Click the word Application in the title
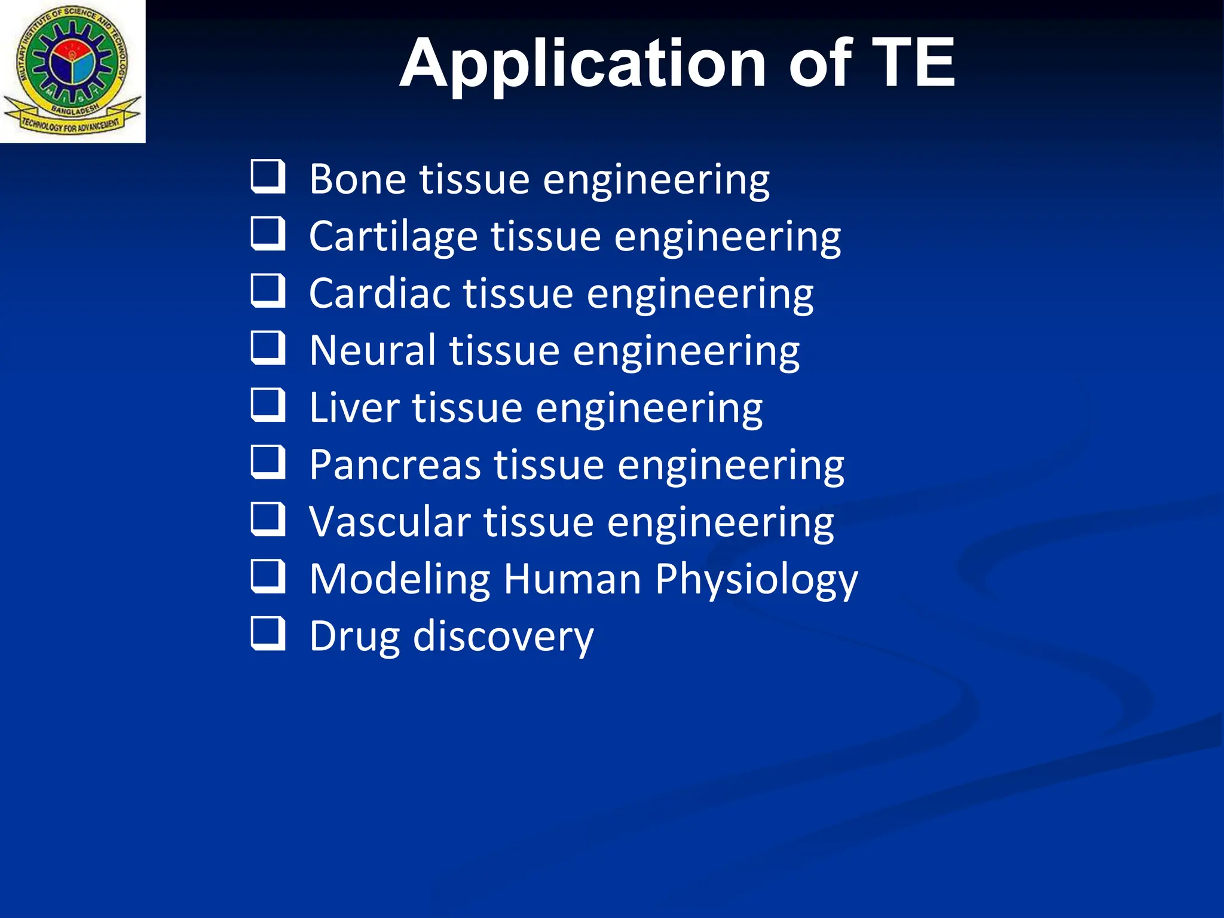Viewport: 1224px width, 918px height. tap(583, 65)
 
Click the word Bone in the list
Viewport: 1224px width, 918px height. tap(359, 179)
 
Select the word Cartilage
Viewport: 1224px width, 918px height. tap(393, 237)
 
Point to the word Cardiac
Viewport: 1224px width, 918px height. tap(380, 293)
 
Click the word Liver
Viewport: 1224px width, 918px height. tap(354, 408)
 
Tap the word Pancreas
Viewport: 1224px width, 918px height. tap(395, 465)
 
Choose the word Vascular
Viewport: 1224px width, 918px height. tap(390, 522)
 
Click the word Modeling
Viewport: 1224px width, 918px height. tap(399, 579)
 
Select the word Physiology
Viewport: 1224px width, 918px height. tap(756, 579)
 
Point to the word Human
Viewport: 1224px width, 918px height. tap(572, 579)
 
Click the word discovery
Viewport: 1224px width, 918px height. tap(503, 637)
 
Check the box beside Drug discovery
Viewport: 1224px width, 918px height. tap(267, 633)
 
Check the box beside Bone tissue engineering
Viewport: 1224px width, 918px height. tap(267, 176)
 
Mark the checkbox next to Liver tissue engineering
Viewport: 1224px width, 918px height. tap(267, 405)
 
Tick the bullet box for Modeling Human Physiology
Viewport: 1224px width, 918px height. tap(267, 576)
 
